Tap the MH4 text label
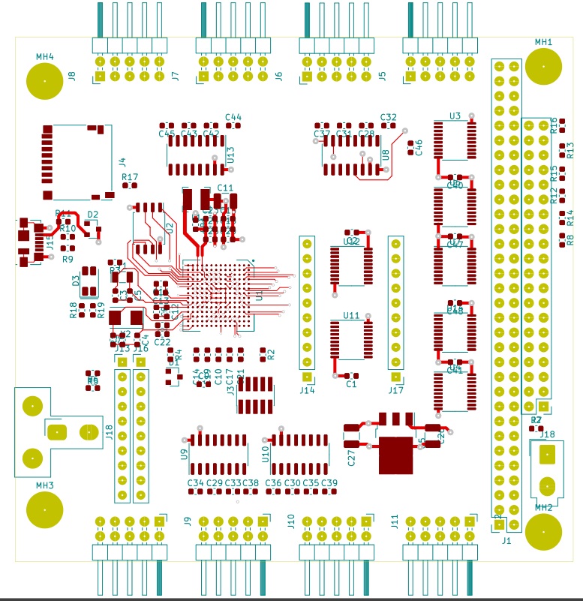coord(45,56)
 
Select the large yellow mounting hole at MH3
coord(44,509)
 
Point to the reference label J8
coord(72,75)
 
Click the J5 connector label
coord(382,75)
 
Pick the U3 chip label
coord(455,116)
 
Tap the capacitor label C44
coord(233,117)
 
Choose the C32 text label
coord(388,117)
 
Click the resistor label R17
coord(130,177)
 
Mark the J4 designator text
coord(122,161)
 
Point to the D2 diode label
coord(93,215)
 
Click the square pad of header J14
coord(307,377)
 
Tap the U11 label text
coord(351,315)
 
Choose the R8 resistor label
coord(570,240)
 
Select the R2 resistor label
coord(271,354)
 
